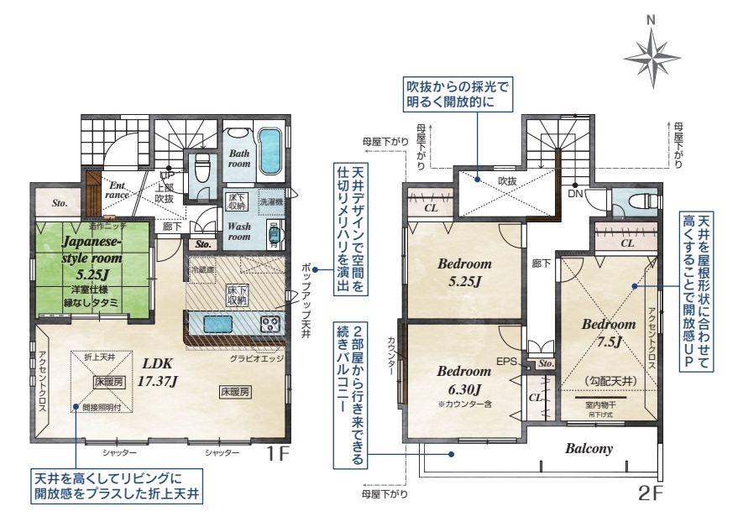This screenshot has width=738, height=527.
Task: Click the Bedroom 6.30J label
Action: pyautogui.click(x=463, y=379)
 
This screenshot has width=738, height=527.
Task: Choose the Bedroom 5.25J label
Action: pyautogui.click(x=464, y=272)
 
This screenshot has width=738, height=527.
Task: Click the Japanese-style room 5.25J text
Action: pyautogui.click(x=92, y=258)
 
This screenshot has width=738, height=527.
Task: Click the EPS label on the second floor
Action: pyautogui.click(x=505, y=362)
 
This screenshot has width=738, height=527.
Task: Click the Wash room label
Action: pyautogui.click(x=239, y=232)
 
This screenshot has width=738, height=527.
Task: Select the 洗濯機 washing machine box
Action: pyautogui.click(x=270, y=202)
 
